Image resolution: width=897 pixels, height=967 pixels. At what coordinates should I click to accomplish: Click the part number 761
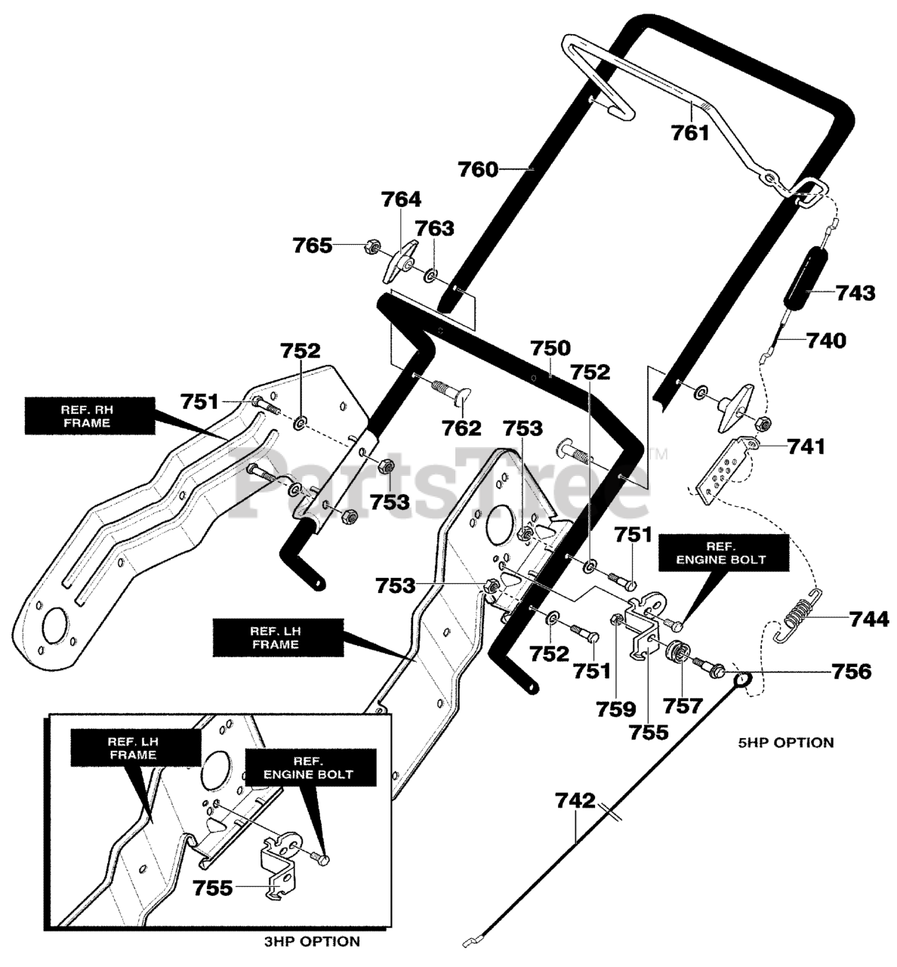690,132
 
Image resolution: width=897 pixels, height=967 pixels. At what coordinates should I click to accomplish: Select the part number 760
479,169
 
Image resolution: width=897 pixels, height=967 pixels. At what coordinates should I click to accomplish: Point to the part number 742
575,801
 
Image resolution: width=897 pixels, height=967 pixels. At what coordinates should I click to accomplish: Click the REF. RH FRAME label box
90,416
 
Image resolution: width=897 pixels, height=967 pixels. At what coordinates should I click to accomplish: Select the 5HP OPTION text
785,743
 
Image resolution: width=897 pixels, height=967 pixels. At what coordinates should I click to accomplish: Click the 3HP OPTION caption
312,941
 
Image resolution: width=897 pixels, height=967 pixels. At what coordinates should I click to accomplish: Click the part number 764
401,199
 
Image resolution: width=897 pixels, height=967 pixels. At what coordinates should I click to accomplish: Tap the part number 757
683,706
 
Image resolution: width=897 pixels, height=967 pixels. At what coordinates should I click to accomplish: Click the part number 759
616,709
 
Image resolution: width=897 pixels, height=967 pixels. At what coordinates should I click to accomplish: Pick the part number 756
851,672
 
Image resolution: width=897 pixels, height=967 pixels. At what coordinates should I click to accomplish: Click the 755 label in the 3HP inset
213,888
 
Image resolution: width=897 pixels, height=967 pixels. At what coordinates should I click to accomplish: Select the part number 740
826,341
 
